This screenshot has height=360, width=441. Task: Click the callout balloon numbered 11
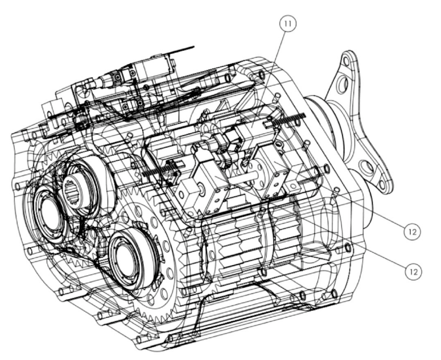point(288,24)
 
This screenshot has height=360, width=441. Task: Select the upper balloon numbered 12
point(413,232)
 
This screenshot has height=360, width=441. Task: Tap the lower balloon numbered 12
point(414,272)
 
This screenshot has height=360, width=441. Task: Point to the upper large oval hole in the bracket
point(343,84)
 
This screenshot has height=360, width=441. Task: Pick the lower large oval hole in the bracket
point(366,167)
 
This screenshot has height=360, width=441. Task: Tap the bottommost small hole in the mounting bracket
point(381,185)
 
